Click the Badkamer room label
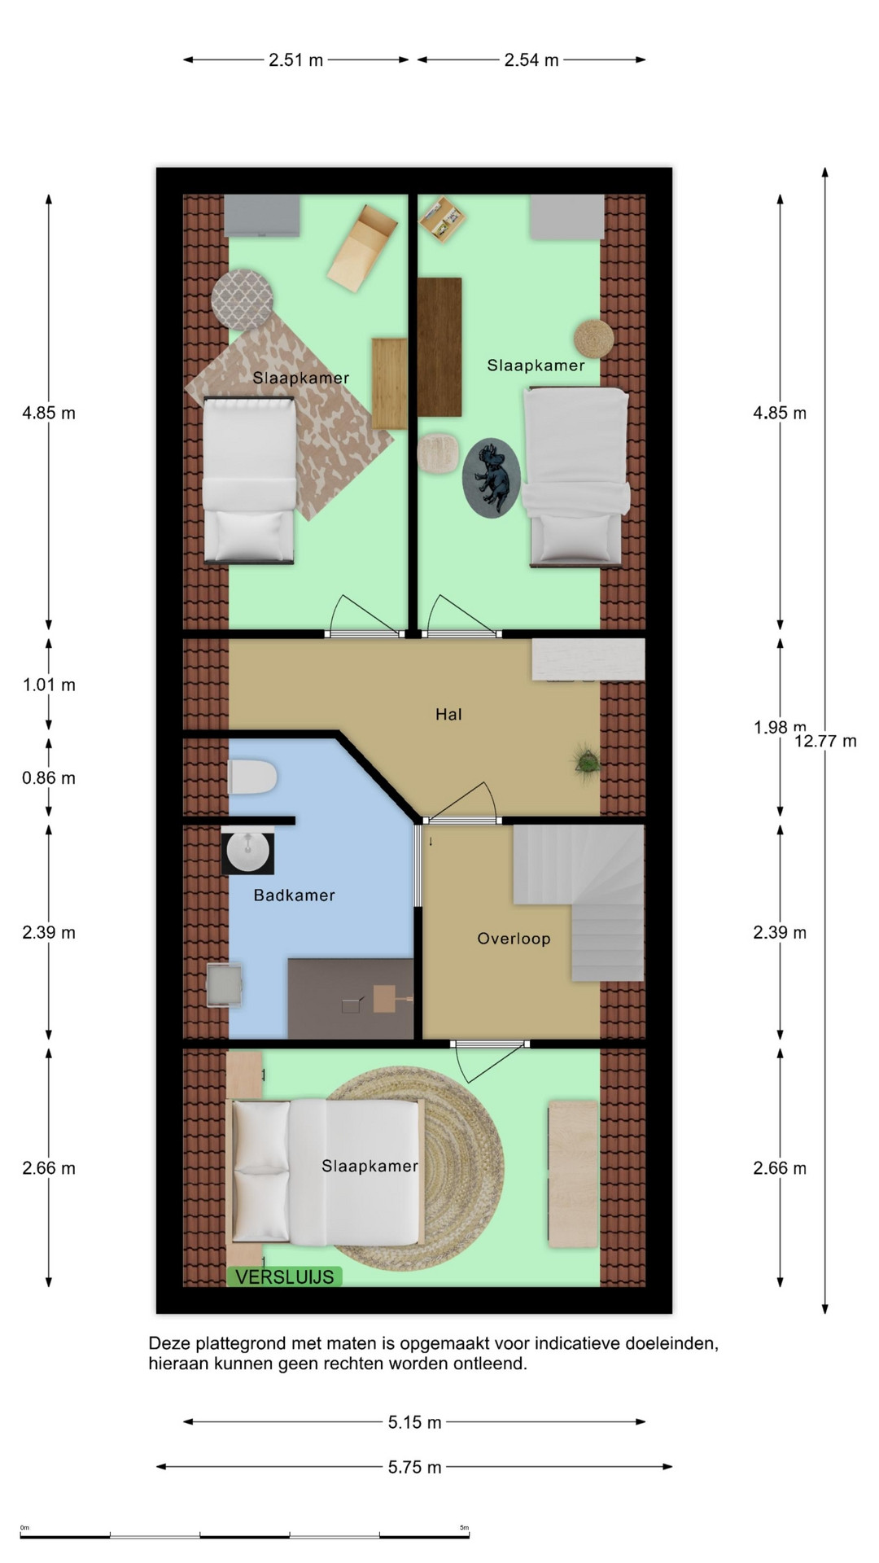click(x=294, y=895)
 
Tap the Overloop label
click(x=514, y=939)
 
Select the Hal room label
click(x=448, y=715)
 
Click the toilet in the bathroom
click(x=252, y=777)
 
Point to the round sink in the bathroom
click(x=247, y=852)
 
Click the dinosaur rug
click(x=492, y=478)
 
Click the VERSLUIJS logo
click(x=285, y=1276)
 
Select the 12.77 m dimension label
click(x=825, y=741)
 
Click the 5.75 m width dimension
click(x=414, y=1467)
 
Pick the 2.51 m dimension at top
click(x=296, y=60)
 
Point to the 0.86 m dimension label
click(x=49, y=778)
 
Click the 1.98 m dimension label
click(x=780, y=727)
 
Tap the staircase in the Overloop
click(x=579, y=902)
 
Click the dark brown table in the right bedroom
click(x=439, y=347)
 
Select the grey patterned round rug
click(x=242, y=300)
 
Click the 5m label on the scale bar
click(x=464, y=1527)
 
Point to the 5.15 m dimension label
click(x=414, y=1422)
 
